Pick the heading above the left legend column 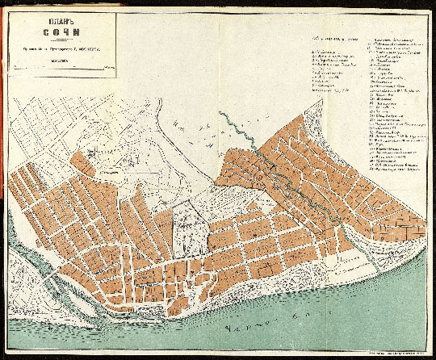pos(339,38)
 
